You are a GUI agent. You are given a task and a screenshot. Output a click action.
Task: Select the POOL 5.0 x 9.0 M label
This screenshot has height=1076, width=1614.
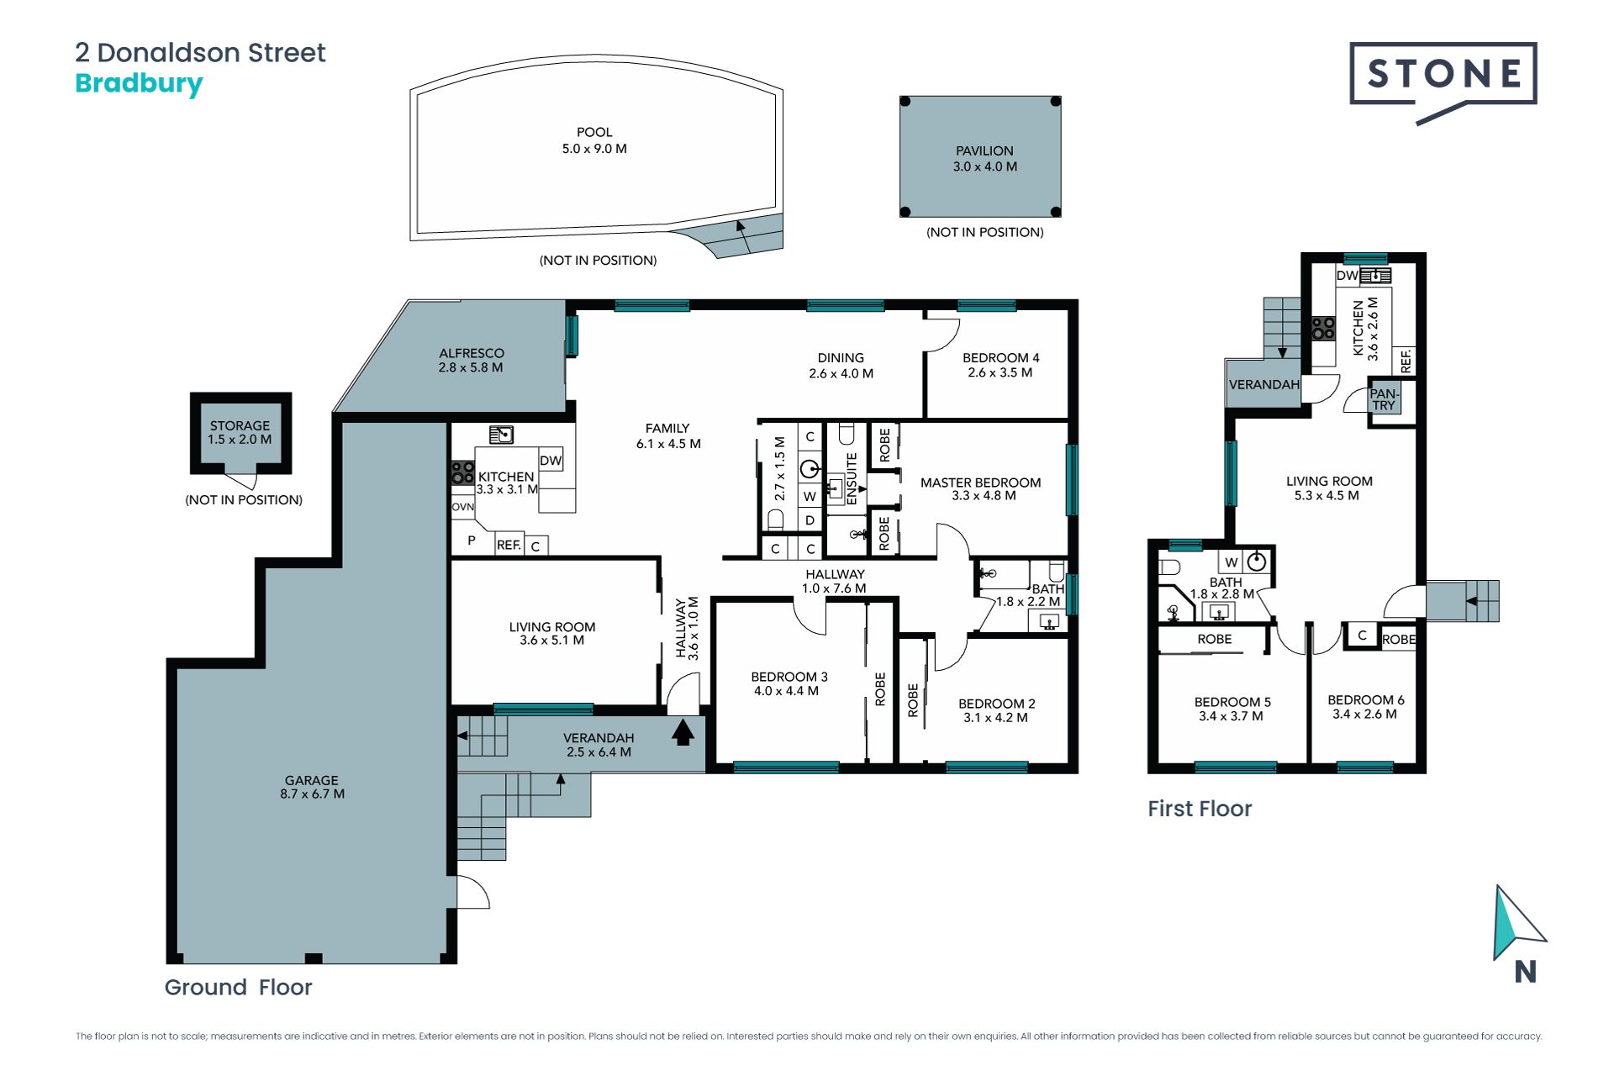pyautogui.click(x=594, y=140)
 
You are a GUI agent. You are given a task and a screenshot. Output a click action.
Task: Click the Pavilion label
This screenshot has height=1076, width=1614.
pyautogui.click(x=984, y=159)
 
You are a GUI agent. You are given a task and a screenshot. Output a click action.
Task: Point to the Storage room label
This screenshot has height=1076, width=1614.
pyautogui.click(x=240, y=432)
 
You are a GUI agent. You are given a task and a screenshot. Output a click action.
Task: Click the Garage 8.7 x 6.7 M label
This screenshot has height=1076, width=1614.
pyautogui.click(x=312, y=787)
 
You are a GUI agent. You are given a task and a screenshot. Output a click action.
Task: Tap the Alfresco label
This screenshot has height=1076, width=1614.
pyautogui.click(x=471, y=360)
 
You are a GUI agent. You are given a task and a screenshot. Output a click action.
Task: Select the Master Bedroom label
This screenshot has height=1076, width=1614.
pyautogui.click(x=980, y=489)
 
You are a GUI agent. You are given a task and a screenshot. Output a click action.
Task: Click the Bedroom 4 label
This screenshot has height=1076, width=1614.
pyautogui.click(x=1000, y=365)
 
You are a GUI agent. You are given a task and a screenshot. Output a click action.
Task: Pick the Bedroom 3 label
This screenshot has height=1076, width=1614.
pyautogui.click(x=789, y=683)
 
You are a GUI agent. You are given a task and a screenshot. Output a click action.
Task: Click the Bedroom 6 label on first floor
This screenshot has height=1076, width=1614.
pyautogui.click(x=1365, y=707)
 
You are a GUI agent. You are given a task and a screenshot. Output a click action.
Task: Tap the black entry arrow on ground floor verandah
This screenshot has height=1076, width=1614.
pyautogui.click(x=683, y=731)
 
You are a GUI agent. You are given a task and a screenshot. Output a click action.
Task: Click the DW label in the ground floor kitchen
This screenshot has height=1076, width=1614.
pyautogui.click(x=551, y=461)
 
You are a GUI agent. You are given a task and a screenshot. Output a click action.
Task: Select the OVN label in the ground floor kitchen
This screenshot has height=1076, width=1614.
pyautogui.click(x=463, y=507)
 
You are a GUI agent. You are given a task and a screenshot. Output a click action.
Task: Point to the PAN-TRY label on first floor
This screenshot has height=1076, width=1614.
pyautogui.click(x=1384, y=399)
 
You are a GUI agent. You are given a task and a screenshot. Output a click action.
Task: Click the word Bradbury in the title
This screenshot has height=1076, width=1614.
pyautogui.click(x=139, y=84)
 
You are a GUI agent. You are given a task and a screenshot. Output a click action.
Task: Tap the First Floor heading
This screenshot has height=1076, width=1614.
pyautogui.click(x=1200, y=809)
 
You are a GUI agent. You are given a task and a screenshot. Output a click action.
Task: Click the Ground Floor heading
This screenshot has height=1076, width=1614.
pyautogui.click(x=238, y=987)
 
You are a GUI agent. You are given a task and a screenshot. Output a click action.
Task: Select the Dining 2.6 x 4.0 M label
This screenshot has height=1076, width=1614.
pyautogui.click(x=841, y=366)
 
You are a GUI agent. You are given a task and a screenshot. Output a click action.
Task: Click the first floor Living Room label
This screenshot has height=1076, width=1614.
pyautogui.click(x=1328, y=488)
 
